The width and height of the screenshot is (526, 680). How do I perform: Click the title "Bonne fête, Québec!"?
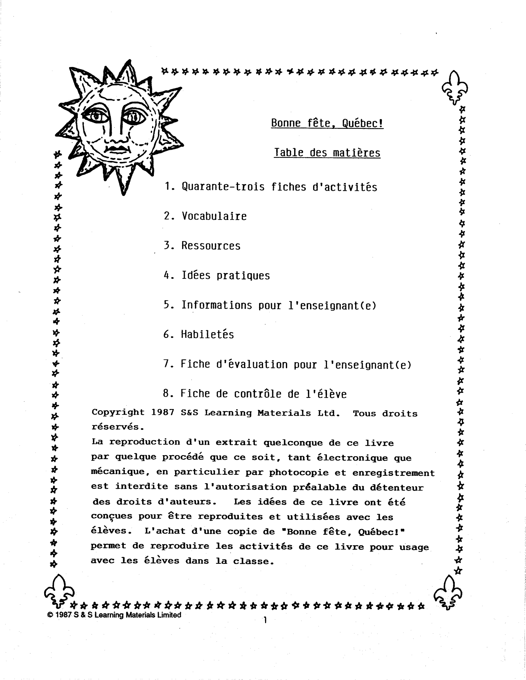tap(327, 123)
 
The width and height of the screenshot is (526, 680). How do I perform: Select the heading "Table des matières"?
tap(327, 153)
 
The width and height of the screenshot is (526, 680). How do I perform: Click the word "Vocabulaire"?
tap(214, 216)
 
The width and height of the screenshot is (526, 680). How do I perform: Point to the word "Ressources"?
tap(211, 246)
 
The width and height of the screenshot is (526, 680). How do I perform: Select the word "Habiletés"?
tap(208, 334)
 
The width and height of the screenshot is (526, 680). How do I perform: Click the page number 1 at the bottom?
tap(265, 620)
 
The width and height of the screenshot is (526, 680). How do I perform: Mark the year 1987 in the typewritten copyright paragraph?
tap(162, 413)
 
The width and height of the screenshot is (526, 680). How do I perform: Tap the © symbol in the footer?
tap(50, 615)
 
